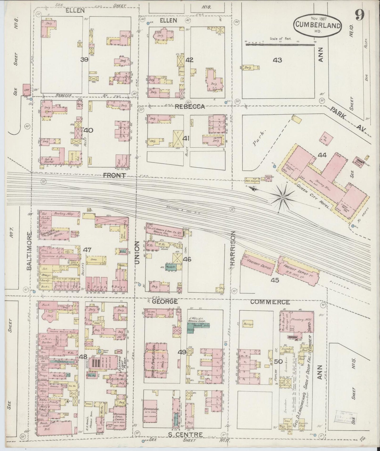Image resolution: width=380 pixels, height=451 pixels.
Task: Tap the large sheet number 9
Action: [359, 15]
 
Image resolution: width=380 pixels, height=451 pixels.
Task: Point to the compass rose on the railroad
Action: [283, 197]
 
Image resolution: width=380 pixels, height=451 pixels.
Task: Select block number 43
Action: [277, 60]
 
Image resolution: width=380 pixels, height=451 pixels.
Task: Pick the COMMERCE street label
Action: [270, 302]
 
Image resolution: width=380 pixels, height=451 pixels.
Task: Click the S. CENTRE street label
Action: [185, 435]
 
